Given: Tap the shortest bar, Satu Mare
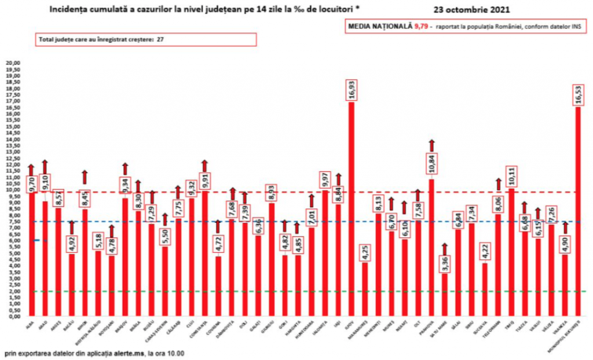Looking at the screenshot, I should coord(444,295).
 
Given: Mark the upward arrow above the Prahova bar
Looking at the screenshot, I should coord(431,144).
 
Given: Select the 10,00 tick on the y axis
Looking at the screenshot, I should coord(13,190).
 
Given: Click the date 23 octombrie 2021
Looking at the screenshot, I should coord(472,10).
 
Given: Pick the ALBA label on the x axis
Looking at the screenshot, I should coord(30,325).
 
